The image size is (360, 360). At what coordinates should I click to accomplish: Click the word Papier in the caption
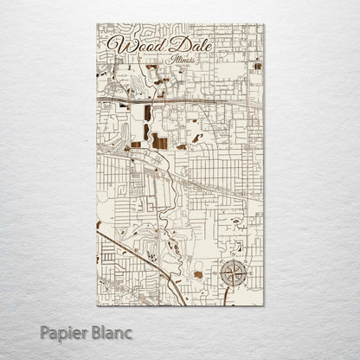coord(67,332)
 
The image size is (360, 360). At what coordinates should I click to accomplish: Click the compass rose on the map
coord(233,273)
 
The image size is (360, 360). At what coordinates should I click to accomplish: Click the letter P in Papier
coord(45,331)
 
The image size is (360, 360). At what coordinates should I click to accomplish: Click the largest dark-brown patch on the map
coord(160,141)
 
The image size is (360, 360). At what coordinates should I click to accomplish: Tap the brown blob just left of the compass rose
coord(198,274)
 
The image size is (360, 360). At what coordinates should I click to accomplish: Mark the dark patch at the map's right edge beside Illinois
coord(258,66)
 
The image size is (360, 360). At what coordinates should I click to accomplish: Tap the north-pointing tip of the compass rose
coord(233,260)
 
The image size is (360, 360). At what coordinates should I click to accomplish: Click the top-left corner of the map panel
coord(98,23)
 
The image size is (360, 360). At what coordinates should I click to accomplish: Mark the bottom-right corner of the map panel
coord(264,306)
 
